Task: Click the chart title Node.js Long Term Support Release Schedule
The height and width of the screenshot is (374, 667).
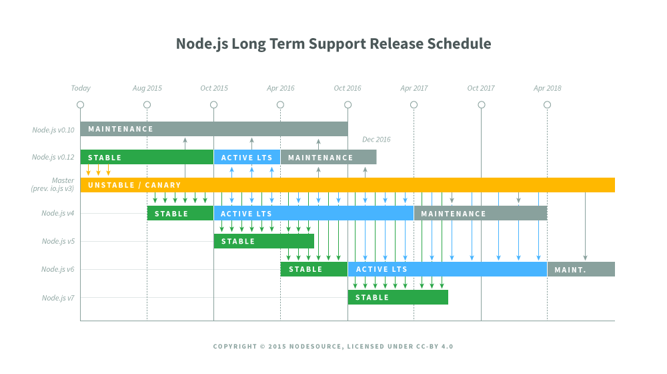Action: tap(333, 44)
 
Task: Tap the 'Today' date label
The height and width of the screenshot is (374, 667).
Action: tap(81, 88)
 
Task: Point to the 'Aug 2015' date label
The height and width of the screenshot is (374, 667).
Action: tap(147, 88)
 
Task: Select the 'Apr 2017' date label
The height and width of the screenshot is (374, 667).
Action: tap(414, 88)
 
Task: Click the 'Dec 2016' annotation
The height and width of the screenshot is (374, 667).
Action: tap(376, 140)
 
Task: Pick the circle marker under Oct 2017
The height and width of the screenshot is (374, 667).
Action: tap(481, 105)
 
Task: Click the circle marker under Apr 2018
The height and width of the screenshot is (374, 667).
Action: tap(548, 105)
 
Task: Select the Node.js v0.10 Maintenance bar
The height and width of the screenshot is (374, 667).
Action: tap(213, 129)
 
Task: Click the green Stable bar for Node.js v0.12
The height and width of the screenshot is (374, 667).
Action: tap(147, 158)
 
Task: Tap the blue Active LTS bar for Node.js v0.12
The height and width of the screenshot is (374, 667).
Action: tap(247, 158)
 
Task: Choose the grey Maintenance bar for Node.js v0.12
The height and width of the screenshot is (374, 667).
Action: tap(328, 158)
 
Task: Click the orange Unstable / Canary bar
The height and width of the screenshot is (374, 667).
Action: tap(347, 185)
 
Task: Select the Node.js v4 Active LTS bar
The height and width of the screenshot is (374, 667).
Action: tap(313, 214)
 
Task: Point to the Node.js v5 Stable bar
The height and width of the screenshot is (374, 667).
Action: tap(263, 241)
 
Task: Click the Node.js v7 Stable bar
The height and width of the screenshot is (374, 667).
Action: tap(398, 297)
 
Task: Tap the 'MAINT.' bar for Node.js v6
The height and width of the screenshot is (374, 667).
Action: tap(581, 269)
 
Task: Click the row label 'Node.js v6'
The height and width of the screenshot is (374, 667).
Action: tap(58, 269)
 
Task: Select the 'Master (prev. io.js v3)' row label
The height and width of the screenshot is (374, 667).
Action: tap(53, 185)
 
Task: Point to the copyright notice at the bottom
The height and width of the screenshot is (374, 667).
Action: tap(333, 347)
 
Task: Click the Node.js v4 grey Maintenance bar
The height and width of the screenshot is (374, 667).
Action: tap(480, 214)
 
